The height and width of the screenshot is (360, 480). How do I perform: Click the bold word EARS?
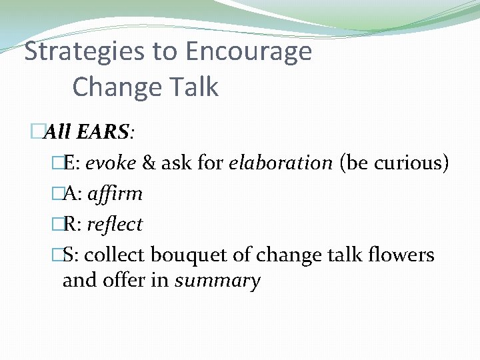pyautogui.click(x=102, y=132)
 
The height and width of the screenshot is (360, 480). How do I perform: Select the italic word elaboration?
pyautogui.click(x=280, y=163)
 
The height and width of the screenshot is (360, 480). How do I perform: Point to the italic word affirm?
pyautogui.click(x=114, y=194)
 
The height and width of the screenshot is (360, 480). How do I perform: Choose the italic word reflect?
pyautogui.click(x=113, y=225)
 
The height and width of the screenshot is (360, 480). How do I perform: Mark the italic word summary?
pyautogui.click(x=217, y=281)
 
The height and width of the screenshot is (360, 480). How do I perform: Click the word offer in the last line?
pyautogui.click(x=129, y=280)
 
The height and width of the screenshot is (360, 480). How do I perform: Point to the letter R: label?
pyautogui.click(x=71, y=225)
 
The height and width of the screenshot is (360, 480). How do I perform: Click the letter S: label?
pyautogui.click(x=70, y=255)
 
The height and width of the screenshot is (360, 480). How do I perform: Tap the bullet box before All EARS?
pyautogui.click(x=37, y=132)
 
